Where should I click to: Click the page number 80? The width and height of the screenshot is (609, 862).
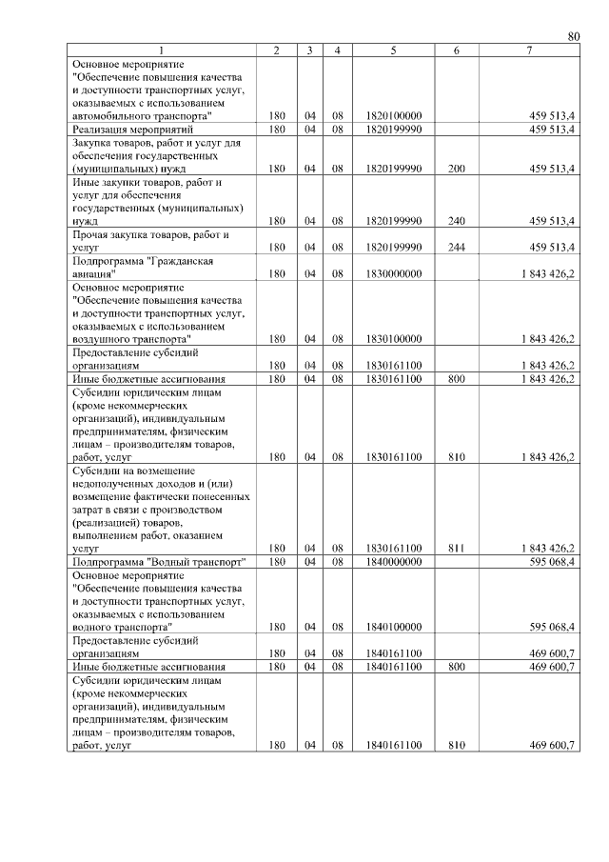pyautogui.click(x=574, y=36)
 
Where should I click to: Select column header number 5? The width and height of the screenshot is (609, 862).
pyautogui.click(x=393, y=50)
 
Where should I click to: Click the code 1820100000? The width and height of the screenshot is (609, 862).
pyautogui.click(x=393, y=115)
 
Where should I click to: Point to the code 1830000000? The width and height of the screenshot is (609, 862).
pyautogui.click(x=393, y=273)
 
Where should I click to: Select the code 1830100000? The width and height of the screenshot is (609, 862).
pyautogui.click(x=393, y=337)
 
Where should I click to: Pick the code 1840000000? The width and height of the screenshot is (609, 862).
pyautogui.click(x=393, y=562)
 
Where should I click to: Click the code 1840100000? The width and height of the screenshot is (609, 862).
pyautogui.click(x=393, y=627)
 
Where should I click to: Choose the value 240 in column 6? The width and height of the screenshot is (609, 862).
pyautogui.click(x=456, y=221)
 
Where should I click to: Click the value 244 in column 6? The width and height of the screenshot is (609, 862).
pyautogui.click(x=456, y=247)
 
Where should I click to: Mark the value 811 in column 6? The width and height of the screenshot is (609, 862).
pyautogui.click(x=456, y=548)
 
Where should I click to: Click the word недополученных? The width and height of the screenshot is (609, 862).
pyautogui.click(x=115, y=483)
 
